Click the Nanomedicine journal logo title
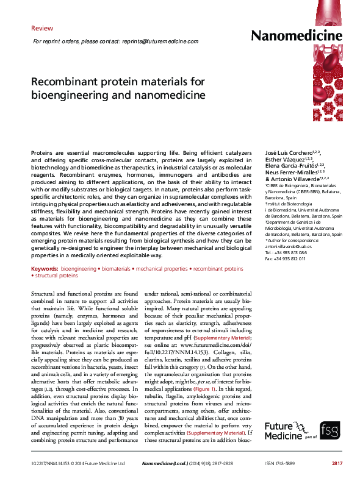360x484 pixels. pyautogui.click(x=297, y=36)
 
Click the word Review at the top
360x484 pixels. pyautogui.click(x=42, y=28)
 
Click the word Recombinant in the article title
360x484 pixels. pyautogui.click(x=61, y=82)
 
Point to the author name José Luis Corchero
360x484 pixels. pyautogui.click(x=290, y=151)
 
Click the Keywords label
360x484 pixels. pyautogui.click(x=44, y=268)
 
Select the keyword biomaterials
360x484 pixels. pyautogui.click(x=116, y=268)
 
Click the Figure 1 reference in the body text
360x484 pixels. pyautogui.click(x=204, y=371)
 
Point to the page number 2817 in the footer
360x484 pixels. pyautogui.click(x=336, y=464)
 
